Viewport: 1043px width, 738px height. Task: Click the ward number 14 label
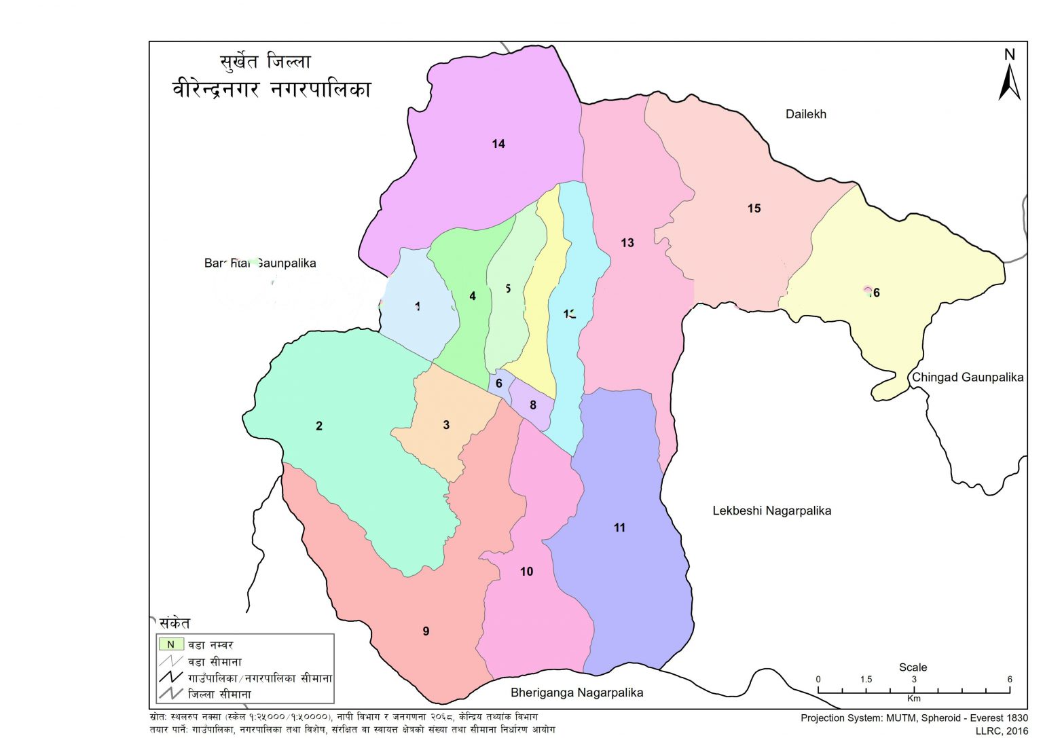[x=498, y=144]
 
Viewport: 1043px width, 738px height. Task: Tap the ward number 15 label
[x=754, y=208]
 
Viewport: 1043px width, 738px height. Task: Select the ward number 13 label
[x=627, y=242]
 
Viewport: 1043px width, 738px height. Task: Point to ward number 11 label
[x=619, y=528]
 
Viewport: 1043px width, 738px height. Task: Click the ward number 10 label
[x=526, y=572]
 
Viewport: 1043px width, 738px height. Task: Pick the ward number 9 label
[x=426, y=631]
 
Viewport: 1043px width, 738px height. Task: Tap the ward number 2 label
[x=319, y=426]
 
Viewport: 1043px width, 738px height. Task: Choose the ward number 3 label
[x=446, y=425]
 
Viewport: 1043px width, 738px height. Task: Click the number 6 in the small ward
[x=499, y=384]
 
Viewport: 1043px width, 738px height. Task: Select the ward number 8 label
[x=533, y=405]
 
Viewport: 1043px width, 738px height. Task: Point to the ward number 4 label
[x=473, y=296]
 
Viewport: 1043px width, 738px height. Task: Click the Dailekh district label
[x=805, y=114]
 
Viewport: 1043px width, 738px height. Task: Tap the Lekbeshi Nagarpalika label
[x=771, y=511]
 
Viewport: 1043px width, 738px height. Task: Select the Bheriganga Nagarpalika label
[x=577, y=693]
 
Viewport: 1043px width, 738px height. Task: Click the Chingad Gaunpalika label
[x=967, y=377]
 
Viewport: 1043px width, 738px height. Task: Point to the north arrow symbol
[x=1009, y=76]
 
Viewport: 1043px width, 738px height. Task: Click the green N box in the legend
[x=171, y=644]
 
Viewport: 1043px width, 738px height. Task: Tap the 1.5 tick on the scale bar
[x=866, y=680]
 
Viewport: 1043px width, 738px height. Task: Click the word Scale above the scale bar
[x=913, y=667]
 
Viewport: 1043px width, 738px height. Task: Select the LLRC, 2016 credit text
[x=1002, y=731]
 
